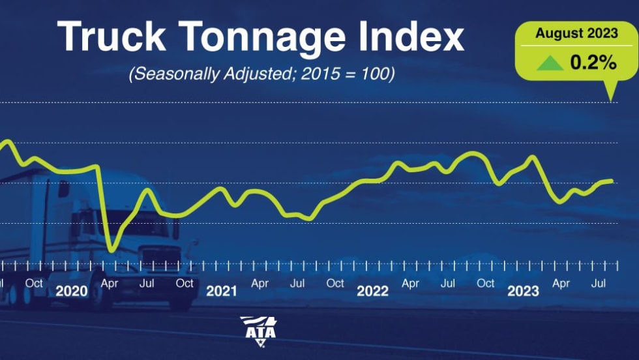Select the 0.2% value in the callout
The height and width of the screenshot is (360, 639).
coord(594,63)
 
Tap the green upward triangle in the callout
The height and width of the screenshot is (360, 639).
coord(550,63)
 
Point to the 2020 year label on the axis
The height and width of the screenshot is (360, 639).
coord(71,291)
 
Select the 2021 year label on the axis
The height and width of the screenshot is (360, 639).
coord(222,291)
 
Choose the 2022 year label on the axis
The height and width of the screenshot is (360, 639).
coord(372,291)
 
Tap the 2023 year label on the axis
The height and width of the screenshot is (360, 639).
coord(523,291)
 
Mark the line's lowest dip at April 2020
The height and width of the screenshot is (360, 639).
coord(112,248)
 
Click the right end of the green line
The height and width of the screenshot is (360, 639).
coord(612,181)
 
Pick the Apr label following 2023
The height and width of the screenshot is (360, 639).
coord(561,284)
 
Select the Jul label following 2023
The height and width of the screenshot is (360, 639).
coord(599,284)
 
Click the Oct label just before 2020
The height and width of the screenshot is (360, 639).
coord(34,283)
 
